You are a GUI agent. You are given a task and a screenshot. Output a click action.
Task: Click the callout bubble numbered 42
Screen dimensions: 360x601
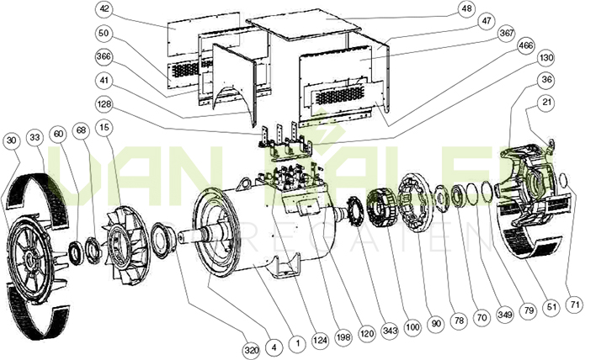pos(104,8)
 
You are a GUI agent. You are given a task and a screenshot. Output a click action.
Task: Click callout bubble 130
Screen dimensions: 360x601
pos(545,58)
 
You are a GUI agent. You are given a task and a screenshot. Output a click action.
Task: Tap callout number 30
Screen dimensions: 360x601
pos(10,140)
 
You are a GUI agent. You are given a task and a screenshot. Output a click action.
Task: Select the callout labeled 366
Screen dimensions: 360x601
pos(104,56)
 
